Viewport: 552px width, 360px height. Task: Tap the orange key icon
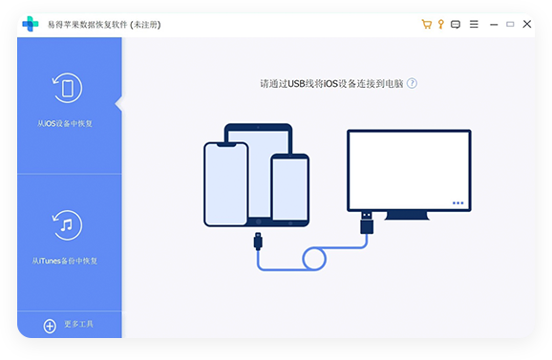click(441, 24)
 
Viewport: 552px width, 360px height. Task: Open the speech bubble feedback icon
click(456, 24)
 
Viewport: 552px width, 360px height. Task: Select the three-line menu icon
click(475, 24)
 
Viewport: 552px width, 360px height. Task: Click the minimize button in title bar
click(496, 24)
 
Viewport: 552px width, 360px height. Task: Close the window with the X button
click(516, 24)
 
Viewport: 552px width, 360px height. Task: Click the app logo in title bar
click(31, 24)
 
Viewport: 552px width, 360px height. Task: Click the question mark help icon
click(413, 83)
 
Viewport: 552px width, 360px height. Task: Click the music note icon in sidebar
click(66, 226)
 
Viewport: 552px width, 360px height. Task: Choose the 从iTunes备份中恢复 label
click(64, 261)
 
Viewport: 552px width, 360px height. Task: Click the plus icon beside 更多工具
click(50, 326)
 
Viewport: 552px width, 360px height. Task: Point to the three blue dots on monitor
click(457, 202)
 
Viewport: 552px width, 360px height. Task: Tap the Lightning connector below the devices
click(257, 242)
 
